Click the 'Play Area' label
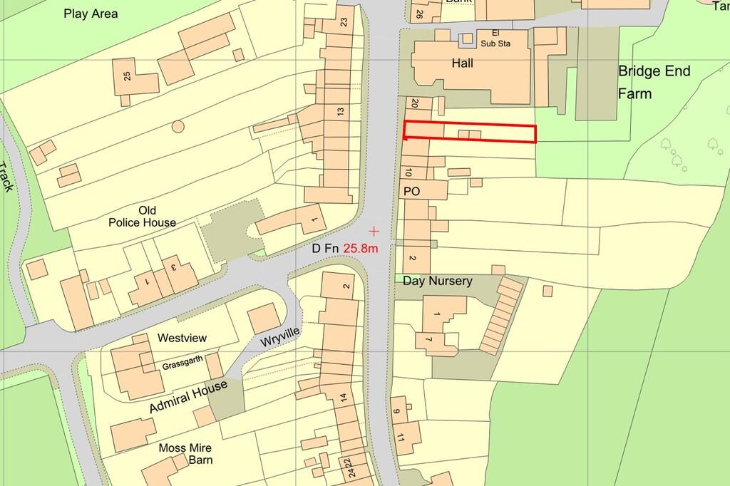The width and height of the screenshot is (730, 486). coord(91,14)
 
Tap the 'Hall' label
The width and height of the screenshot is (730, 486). coord(463,63)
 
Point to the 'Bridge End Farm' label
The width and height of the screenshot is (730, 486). coord(654,82)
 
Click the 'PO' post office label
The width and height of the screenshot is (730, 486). coord(411,191)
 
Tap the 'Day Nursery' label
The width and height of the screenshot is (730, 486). coord(437,281)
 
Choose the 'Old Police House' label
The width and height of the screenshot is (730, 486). coord(142,217)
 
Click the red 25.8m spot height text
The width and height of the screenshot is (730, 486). coord(361,248)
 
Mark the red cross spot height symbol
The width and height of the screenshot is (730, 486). coord(374,231)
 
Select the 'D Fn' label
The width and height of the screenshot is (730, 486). coord(326,248)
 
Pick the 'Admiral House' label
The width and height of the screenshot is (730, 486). coord(188,397)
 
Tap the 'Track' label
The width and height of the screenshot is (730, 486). coord(6,177)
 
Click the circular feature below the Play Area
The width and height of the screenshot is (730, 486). coord(178,126)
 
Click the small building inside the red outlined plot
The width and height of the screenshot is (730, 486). coord(469,134)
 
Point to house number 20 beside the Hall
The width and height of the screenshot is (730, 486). coord(414,103)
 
